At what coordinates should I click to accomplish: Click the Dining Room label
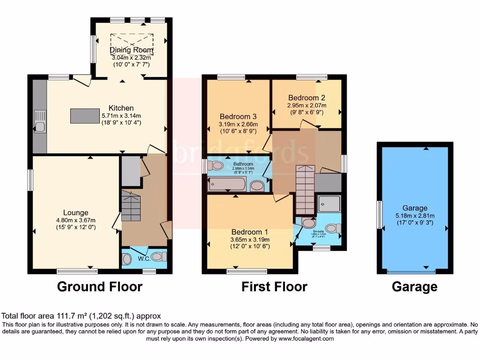point(131,50)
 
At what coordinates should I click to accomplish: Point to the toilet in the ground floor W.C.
point(159,256)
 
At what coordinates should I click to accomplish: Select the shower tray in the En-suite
point(329,203)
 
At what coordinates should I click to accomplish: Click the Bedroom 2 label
point(307,98)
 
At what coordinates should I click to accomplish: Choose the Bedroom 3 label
point(238,116)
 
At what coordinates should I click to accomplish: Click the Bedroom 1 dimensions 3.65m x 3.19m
point(249,240)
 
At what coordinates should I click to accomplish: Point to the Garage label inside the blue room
point(415,208)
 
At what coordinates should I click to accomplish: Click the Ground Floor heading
point(99,286)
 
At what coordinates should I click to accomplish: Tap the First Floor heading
point(274,286)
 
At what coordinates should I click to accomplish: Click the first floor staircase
point(305,187)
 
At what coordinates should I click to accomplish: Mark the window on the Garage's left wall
point(379,214)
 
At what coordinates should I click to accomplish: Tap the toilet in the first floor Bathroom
point(216,165)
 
